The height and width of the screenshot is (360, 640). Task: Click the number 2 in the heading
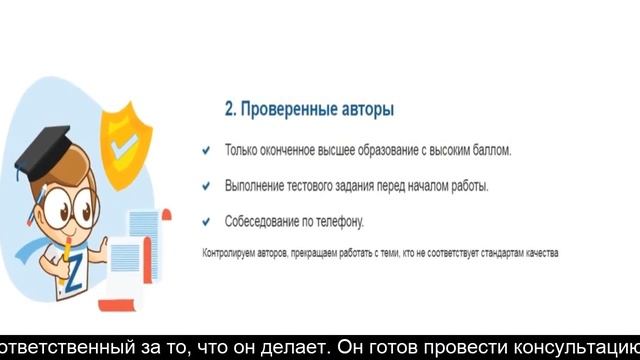229,108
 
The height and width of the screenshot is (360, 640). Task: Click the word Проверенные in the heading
289,108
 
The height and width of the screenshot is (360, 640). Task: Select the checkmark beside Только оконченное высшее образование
206,150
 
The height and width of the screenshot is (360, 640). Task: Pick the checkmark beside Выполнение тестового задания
206,185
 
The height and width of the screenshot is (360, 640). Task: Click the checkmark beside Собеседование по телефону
206,221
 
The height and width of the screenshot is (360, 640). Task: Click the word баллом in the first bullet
489,150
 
